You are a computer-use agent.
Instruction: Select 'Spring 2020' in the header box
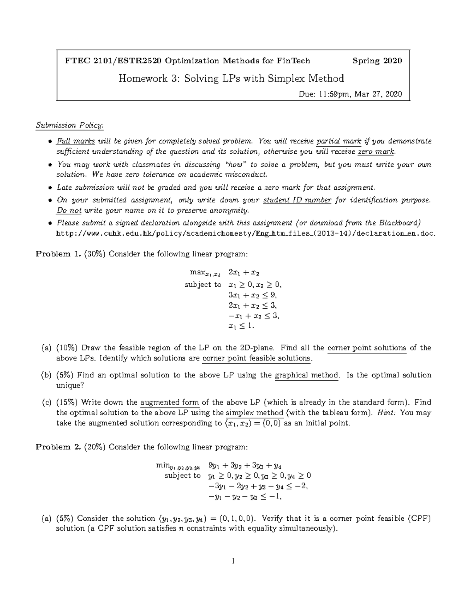[x=377, y=61]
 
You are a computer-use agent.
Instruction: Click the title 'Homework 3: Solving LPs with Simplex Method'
[x=231, y=79]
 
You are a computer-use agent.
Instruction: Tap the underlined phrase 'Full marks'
[x=76, y=141]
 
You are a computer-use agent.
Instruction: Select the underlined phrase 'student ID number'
[x=297, y=200]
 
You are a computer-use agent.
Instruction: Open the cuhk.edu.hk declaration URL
[x=246, y=233]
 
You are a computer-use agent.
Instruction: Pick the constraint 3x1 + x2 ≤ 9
[x=253, y=295]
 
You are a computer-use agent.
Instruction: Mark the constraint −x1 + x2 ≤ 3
[x=254, y=316]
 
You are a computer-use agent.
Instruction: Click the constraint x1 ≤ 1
[x=242, y=326]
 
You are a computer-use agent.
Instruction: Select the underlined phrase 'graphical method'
[x=306, y=375]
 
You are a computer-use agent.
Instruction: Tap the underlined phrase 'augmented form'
[x=169, y=402]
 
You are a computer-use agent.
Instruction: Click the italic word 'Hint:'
[x=386, y=413]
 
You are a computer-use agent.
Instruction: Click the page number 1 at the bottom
[x=233, y=561]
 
